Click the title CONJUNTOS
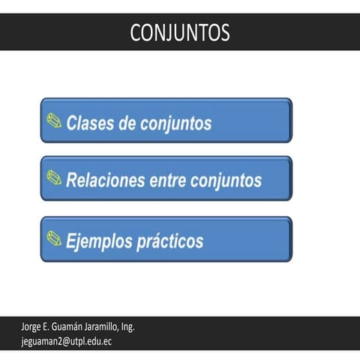pyautogui.click(x=179, y=32)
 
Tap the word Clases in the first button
pyautogui.click(x=90, y=123)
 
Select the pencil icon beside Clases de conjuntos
pyautogui.click(x=54, y=120)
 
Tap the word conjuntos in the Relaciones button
pyautogui.click(x=226, y=181)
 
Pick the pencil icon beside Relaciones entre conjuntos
pyautogui.click(x=54, y=178)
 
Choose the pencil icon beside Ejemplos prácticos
pyautogui.click(x=54, y=238)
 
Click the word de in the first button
pyautogui.click(x=127, y=123)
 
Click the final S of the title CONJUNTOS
pyautogui.click(x=224, y=32)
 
